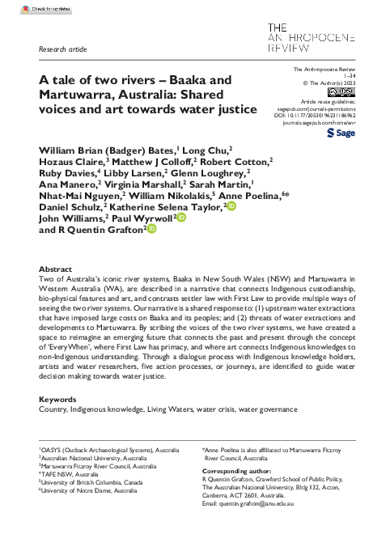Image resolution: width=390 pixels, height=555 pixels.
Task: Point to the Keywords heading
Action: (x=57, y=400)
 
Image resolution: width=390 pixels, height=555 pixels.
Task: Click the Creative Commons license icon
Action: (x=337, y=91)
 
